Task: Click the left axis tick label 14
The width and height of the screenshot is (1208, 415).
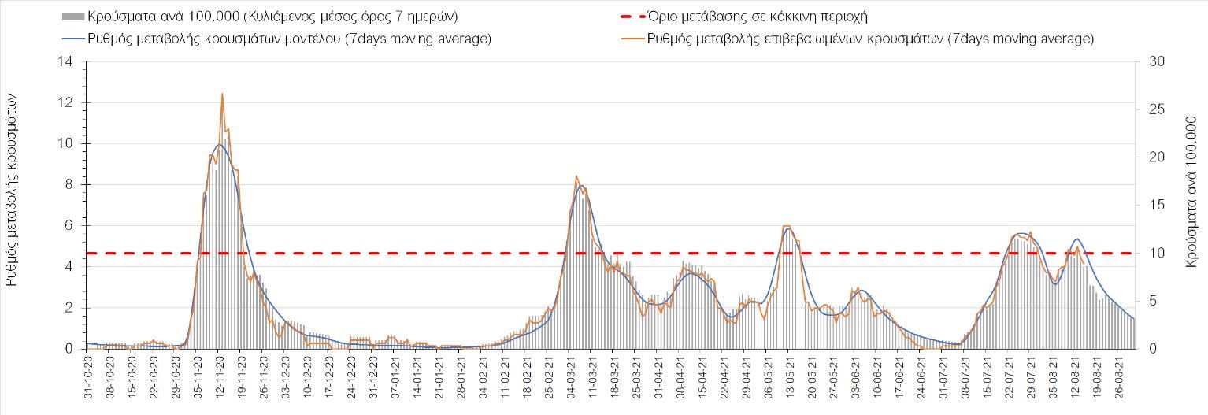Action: click(68, 61)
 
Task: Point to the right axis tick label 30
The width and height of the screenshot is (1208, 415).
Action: click(1152, 61)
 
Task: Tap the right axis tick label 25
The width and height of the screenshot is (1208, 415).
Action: click(1152, 109)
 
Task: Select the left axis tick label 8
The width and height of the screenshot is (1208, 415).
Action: click(71, 184)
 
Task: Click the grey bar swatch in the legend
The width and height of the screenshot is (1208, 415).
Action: click(72, 17)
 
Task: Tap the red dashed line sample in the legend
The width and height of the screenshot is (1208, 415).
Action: click(630, 17)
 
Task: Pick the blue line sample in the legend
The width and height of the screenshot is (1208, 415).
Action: click(72, 39)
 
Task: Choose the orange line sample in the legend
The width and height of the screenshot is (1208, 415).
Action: click(630, 39)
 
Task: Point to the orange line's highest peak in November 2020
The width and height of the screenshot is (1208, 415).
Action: click(222, 94)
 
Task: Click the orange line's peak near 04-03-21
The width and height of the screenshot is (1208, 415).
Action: click(576, 176)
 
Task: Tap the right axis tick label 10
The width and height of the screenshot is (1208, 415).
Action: click(1152, 253)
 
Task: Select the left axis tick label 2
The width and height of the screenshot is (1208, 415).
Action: click(71, 308)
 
